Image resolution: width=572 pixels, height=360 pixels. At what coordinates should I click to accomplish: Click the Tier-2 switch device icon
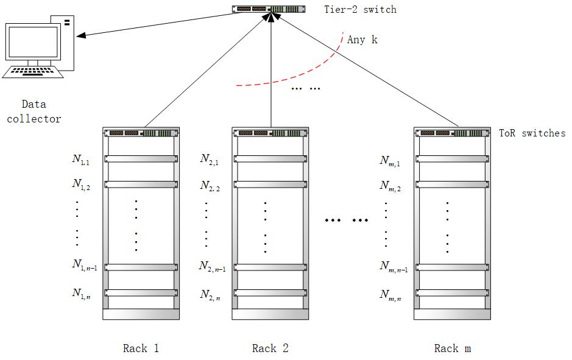pos(269,9)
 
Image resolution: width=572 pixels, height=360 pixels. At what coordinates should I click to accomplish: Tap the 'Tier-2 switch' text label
pos(360,9)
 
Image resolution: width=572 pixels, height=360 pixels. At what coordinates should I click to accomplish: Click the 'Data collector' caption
pos(34,111)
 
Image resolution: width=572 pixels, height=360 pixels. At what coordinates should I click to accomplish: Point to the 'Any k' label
pos(362,40)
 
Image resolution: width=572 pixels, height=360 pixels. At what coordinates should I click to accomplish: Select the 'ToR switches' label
pos(532,133)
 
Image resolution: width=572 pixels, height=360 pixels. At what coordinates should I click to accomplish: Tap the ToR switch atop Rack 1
pos(141,132)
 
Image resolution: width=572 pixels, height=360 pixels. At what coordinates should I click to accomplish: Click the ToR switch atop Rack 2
pos(270,132)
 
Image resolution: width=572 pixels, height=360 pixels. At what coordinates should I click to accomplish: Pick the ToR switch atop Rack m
pos(451,132)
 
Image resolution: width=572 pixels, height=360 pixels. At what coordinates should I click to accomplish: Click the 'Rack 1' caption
pos(141,348)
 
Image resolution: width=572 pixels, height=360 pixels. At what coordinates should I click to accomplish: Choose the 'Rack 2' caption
pos(270,348)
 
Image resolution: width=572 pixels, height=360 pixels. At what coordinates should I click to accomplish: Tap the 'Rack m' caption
pos(452,348)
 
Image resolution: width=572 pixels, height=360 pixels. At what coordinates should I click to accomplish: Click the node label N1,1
pos(81,160)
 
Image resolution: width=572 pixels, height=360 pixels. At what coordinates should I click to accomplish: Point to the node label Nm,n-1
pos(394,266)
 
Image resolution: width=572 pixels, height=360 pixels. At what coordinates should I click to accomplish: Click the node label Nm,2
pos(390,186)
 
